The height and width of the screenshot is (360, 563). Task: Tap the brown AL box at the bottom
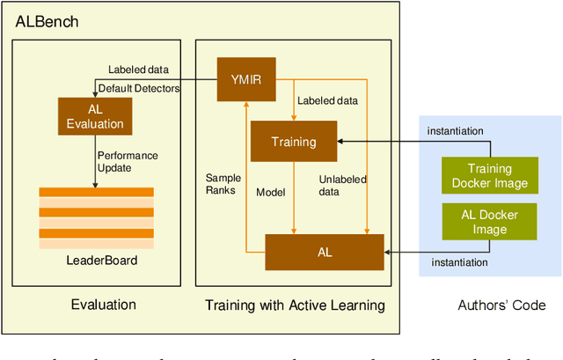point(325,251)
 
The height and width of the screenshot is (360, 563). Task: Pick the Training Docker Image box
point(488,174)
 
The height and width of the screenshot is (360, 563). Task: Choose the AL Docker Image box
point(488,222)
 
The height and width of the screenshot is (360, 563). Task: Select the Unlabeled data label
point(342,185)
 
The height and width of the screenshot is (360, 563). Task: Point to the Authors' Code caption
point(501,305)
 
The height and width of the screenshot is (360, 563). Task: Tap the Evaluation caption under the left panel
point(103,305)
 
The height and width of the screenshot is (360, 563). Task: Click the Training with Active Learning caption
point(294,306)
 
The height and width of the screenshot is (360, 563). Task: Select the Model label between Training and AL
point(270,192)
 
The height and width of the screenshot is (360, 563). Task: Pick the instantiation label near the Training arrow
point(455,131)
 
